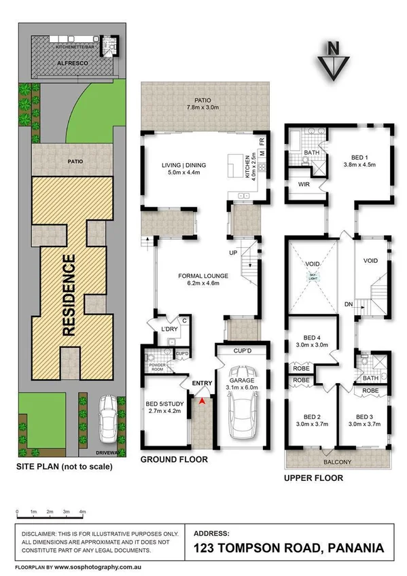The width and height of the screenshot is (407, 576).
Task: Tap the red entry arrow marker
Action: [x=202, y=402]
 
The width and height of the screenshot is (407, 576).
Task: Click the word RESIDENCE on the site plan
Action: [x=69, y=295]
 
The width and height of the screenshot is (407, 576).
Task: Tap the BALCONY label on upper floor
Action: [x=338, y=461]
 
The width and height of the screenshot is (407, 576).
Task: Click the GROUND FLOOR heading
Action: [x=174, y=460]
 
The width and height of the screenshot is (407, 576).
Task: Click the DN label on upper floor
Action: [x=347, y=304]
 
